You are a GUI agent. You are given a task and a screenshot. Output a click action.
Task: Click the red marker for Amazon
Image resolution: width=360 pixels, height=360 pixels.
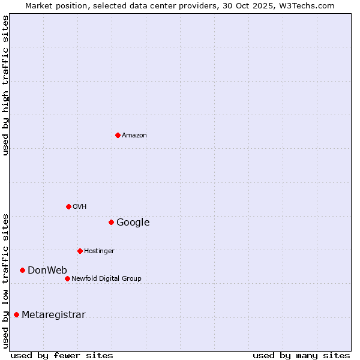[x=118, y=135]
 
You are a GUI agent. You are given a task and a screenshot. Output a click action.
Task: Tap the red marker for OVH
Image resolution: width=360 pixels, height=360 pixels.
[x=68, y=206]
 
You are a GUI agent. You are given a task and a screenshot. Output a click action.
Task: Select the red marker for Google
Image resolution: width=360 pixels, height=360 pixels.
[x=111, y=222]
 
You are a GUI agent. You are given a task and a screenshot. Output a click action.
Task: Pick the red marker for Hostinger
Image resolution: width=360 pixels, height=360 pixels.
[x=80, y=251]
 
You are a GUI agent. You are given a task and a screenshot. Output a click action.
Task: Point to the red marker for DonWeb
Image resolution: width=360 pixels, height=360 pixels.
[x=22, y=270]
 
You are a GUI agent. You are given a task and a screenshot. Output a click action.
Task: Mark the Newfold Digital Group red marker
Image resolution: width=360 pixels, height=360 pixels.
[x=67, y=278]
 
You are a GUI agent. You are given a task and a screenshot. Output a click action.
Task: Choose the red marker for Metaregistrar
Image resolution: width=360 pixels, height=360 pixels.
[x=16, y=314]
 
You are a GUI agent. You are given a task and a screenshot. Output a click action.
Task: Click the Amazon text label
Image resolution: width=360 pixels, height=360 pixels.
[x=134, y=136]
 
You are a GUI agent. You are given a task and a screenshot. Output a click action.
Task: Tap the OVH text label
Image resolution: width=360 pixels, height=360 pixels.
[x=80, y=207]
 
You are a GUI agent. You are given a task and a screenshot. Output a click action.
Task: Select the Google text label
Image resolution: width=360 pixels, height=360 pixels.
[x=133, y=223]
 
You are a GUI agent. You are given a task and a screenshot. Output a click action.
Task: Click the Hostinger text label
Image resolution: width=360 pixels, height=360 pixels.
[x=99, y=251]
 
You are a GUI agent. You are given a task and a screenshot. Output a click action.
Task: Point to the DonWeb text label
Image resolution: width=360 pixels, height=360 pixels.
[x=47, y=271]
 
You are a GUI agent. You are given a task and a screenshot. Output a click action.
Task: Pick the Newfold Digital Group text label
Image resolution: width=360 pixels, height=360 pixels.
[x=106, y=279]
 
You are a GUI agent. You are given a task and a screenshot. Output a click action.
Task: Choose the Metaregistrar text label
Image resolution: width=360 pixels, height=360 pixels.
[x=53, y=315]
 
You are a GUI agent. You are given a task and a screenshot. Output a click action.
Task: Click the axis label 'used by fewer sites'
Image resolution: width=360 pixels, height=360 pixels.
[x=62, y=355]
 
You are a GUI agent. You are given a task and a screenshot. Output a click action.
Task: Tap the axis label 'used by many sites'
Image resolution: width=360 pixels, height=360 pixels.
[x=301, y=355]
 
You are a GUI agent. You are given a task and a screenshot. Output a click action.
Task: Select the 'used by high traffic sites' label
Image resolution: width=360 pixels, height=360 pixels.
[x=6, y=85]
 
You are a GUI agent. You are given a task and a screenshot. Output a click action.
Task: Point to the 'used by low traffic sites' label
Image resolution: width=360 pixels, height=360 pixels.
[x=6, y=281]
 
